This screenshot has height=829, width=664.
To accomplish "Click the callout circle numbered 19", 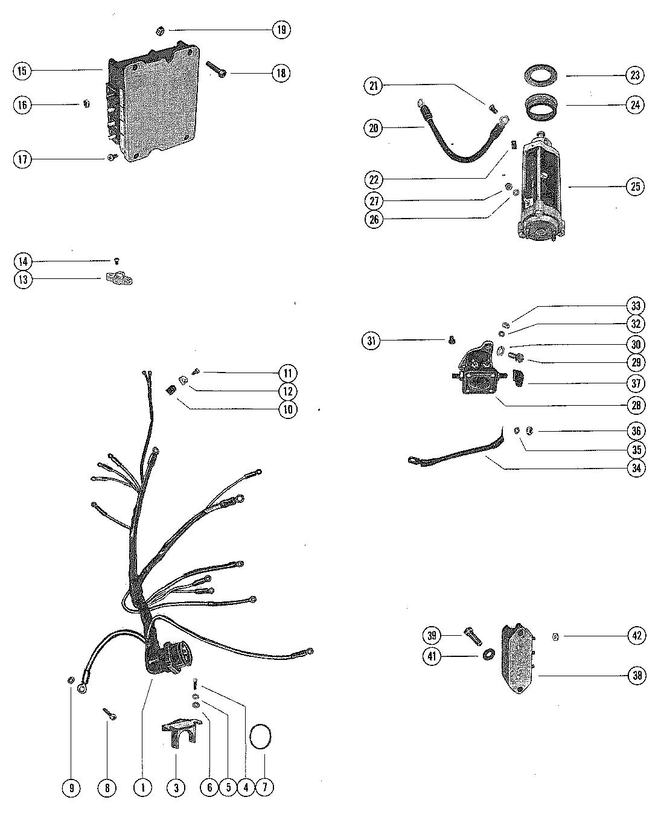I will (281, 30).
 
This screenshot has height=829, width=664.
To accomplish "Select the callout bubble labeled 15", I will (22, 71).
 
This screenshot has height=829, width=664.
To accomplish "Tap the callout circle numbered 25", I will (635, 187).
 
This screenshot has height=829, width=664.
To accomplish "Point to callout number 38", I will (636, 676).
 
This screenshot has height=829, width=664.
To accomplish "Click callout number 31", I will (372, 341).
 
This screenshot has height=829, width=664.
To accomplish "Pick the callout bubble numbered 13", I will (23, 280).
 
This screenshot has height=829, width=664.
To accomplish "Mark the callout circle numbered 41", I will (432, 656).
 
